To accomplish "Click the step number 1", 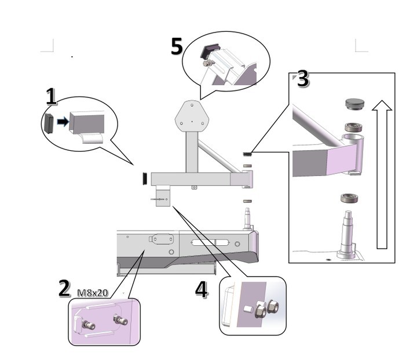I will tap(51, 96).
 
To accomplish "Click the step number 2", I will tap(64, 288).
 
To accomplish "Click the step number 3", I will tap(302, 79).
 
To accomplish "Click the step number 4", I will tap(201, 289).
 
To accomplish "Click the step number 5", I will tap(177, 46).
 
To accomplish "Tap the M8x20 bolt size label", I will tap(93, 293).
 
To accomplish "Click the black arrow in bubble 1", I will tap(63, 122).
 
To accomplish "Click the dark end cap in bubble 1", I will tap(49, 123).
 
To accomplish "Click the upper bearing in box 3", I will tap(353, 126).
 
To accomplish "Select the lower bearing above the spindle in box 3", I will tap(349, 198).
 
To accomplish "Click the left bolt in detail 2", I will tap(89, 325).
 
